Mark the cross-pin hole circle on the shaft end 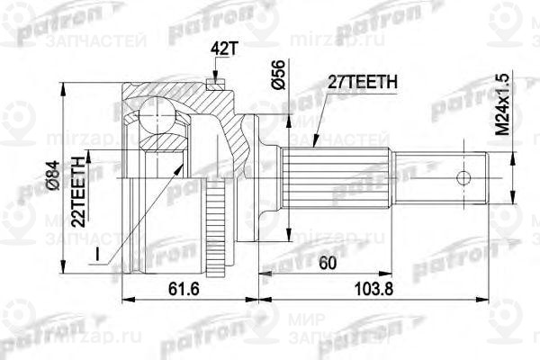[x=463, y=176]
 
